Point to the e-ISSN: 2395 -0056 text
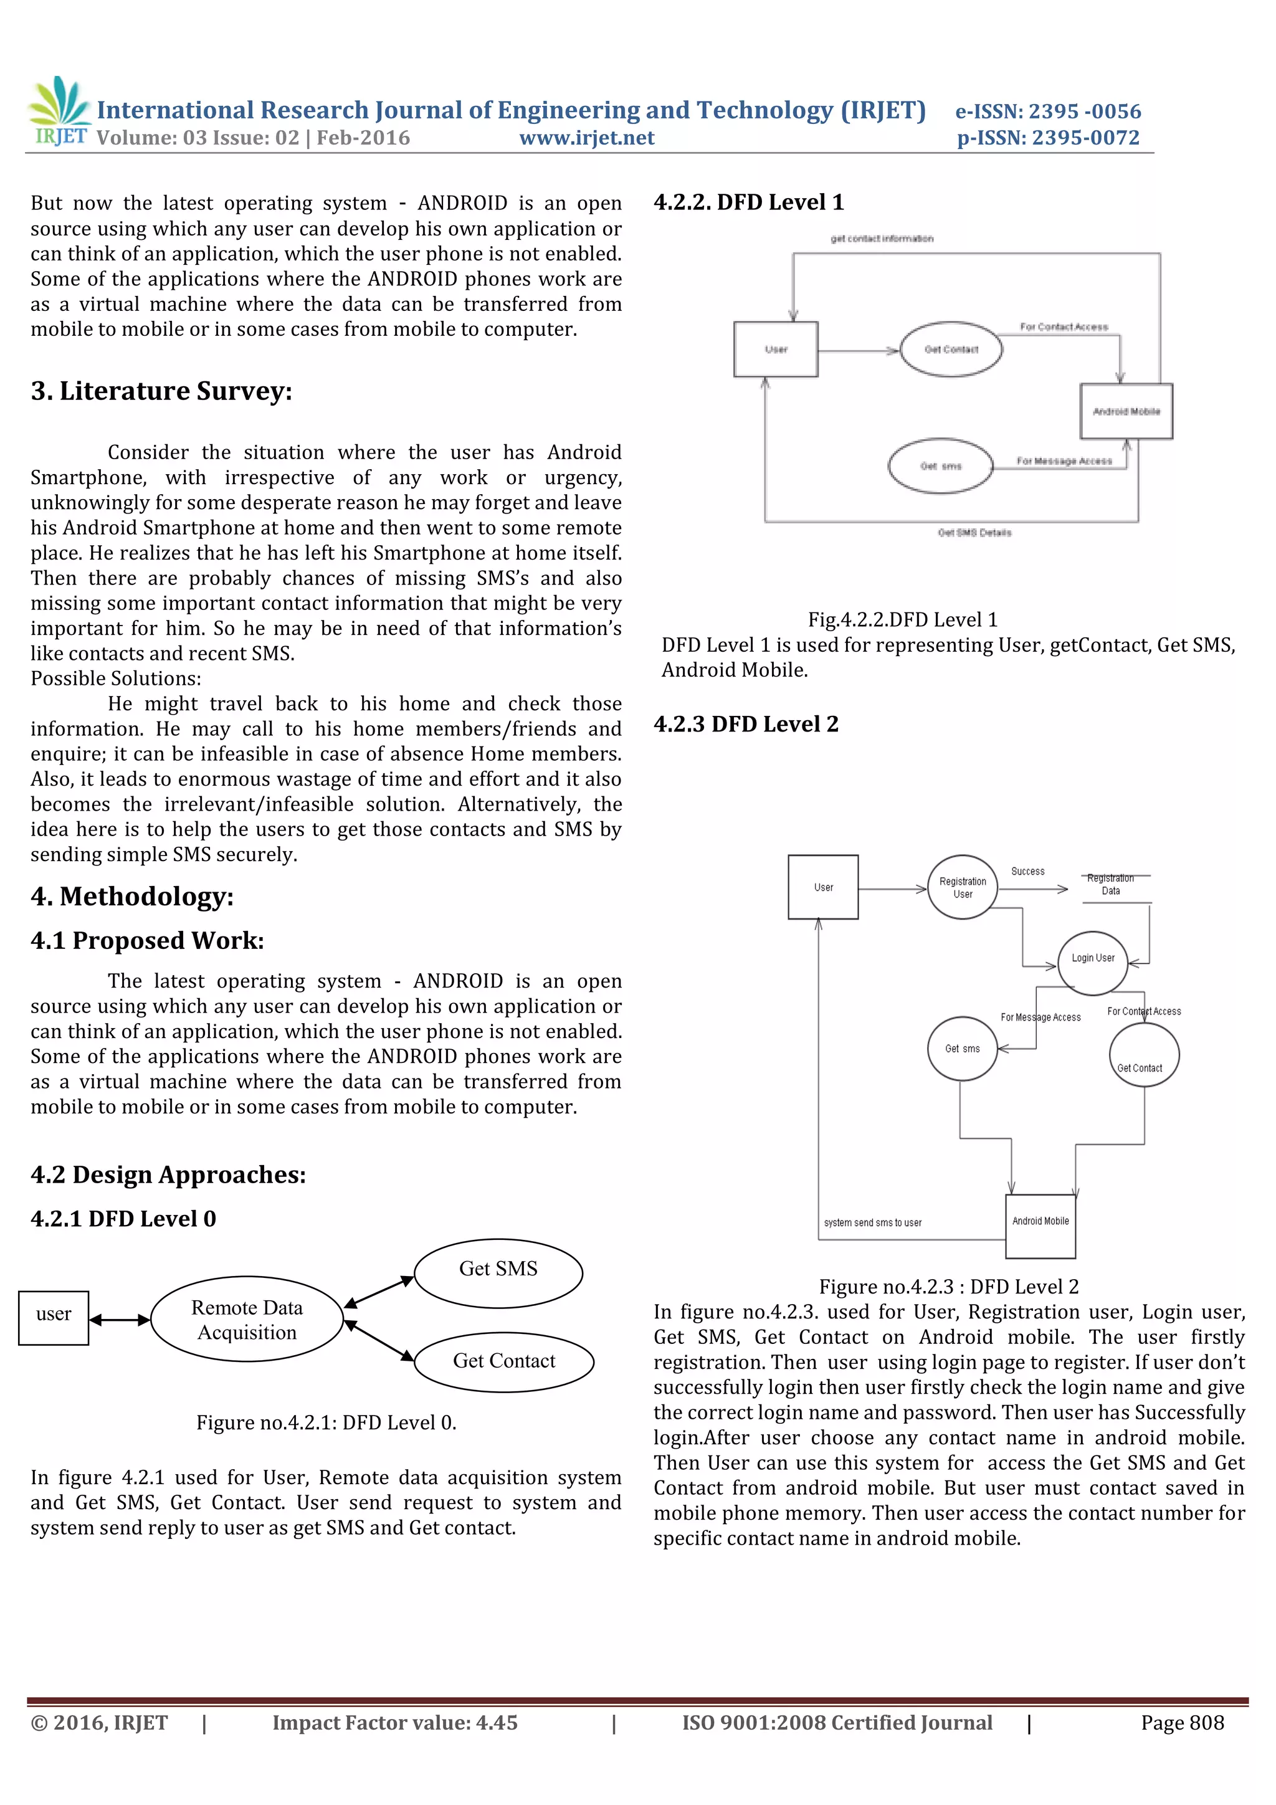pyautogui.click(x=1047, y=111)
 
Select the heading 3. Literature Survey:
pyautogui.click(x=161, y=391)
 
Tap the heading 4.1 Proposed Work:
pyautogui.click(x=147, y=940)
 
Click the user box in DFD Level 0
pyautogui.click(x=54, y=1318)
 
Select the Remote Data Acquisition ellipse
pyautogui.click(x=247, y=1319)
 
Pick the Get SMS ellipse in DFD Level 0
pyautogui.click(x=498, y=1273)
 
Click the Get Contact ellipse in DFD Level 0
pyautogui.click(x=504, y=1361)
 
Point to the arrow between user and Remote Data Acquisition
pyautogui.click(x=120, y=1320)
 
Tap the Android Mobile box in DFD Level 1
pyautogui.click(x=1126, y=411)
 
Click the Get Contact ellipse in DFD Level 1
pyautogui.click(x=951, y=349)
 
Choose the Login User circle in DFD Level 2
pyautogui.click(x=1092, y=959)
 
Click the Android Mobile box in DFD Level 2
pyautogui.click(x=1040, y=1226)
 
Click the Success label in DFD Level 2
pyautogui.click(x=1027, y=871)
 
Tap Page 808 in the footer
pyautogui.click(x=1182, y=1723)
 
